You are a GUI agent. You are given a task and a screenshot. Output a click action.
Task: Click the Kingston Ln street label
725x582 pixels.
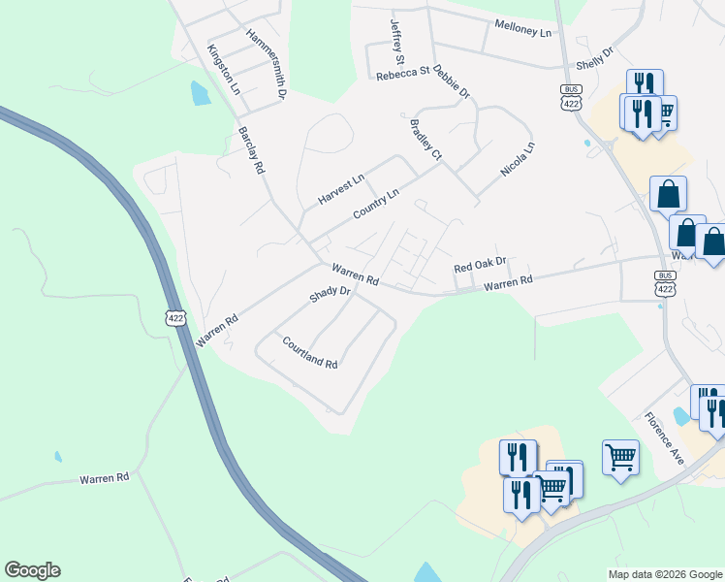223,70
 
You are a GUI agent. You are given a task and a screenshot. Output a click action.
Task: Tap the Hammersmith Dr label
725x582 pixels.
267,64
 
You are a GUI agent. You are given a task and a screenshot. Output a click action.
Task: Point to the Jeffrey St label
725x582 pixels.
395,42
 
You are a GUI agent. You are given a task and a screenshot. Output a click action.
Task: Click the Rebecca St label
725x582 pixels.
402,73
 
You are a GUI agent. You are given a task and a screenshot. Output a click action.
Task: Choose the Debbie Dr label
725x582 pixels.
452,81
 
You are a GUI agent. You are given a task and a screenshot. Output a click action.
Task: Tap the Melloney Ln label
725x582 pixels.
522,30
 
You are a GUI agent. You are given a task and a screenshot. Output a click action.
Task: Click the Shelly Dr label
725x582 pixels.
595,58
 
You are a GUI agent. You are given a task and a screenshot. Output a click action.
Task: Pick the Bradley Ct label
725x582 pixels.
426,140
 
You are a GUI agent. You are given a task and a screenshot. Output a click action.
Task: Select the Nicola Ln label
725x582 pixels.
518,160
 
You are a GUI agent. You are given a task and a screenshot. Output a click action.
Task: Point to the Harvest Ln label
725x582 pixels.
341,189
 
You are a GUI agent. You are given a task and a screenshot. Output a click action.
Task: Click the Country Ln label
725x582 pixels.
376,204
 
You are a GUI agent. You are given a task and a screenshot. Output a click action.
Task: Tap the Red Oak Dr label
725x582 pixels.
481,264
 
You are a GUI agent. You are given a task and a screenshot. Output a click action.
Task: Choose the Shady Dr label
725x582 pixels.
330,292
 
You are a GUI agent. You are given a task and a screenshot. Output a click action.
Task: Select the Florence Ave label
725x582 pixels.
665,438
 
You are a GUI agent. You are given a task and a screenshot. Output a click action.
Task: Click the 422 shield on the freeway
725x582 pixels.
175,318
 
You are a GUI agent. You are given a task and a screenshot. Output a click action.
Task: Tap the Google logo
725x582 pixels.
32,570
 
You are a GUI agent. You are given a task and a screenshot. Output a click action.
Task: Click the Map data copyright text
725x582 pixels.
665,574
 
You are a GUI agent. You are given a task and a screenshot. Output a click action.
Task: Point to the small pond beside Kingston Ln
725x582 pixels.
201,93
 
